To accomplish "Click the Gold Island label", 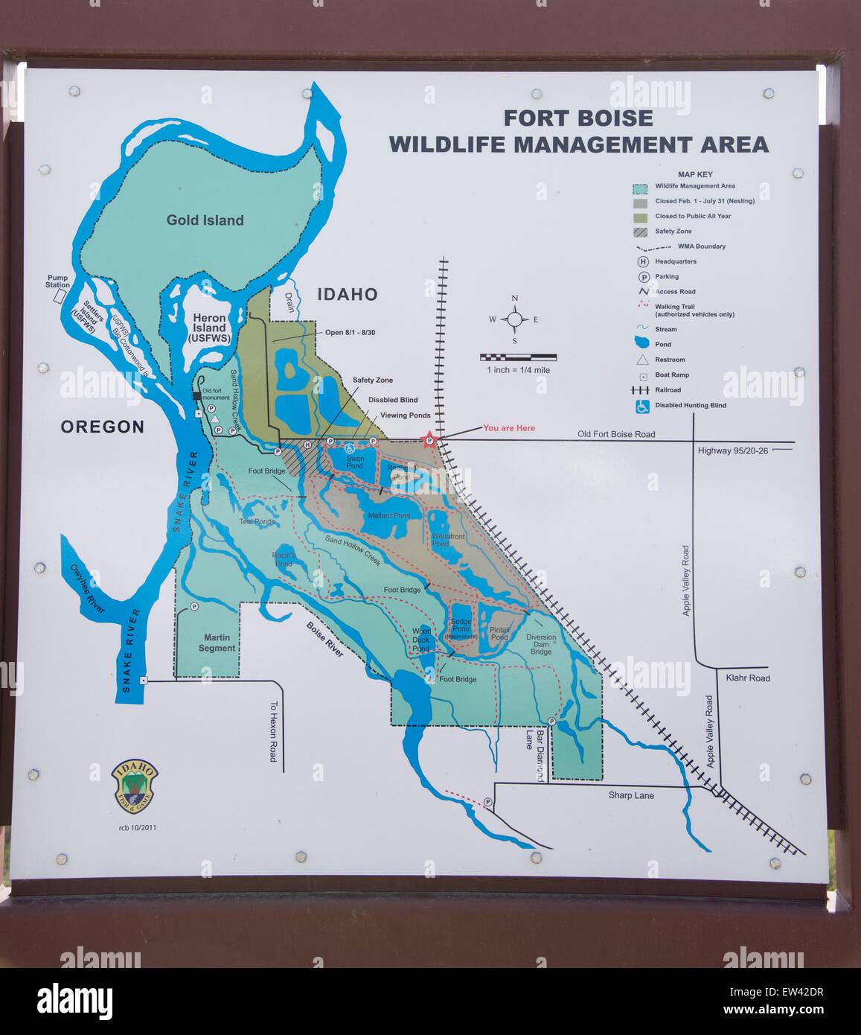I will click(x=205, y=220).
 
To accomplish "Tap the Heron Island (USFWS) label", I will click(x=209, y=328).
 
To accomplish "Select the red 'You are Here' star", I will click(x=429, y=440).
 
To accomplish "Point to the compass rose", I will click(x=514, y=319).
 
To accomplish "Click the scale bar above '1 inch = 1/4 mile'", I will click(x=518, y=357).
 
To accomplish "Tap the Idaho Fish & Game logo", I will click(x=135, y=786).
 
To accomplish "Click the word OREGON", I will click(x=102, y=427).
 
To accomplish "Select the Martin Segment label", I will click(x=217, y=643).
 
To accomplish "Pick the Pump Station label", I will click(x=57, y=281).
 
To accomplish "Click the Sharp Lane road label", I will click(x=631, y=795).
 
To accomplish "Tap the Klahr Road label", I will click(x=748, y=678).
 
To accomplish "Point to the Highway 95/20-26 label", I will click(x=733, y=450).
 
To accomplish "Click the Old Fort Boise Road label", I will click(x=616, y=434).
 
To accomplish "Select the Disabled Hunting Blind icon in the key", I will click(x=642, y=406).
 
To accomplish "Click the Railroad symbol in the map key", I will click(x=641, y=390).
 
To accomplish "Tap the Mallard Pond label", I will click(x=388, y=515).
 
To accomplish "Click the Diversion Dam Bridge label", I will click(x=541, y=644).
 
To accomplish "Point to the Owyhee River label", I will click(x=88, y=589).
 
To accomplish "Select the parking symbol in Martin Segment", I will click(x=193, y=607).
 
